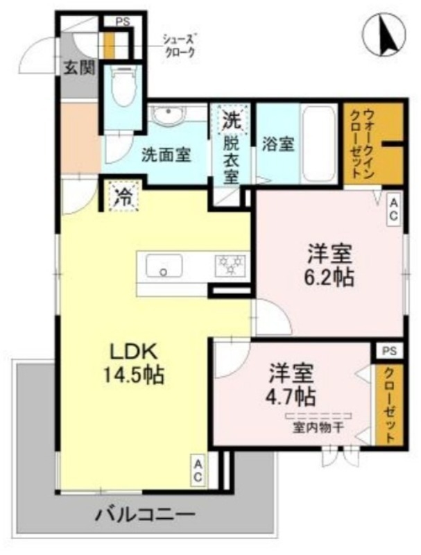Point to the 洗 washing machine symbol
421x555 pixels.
click(231, 119)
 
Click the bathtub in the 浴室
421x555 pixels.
click(320, 143)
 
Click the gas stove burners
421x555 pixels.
click(230, 264)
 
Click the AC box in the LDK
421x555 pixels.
click(197, 470)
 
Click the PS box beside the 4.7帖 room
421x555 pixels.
click(386, 352)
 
